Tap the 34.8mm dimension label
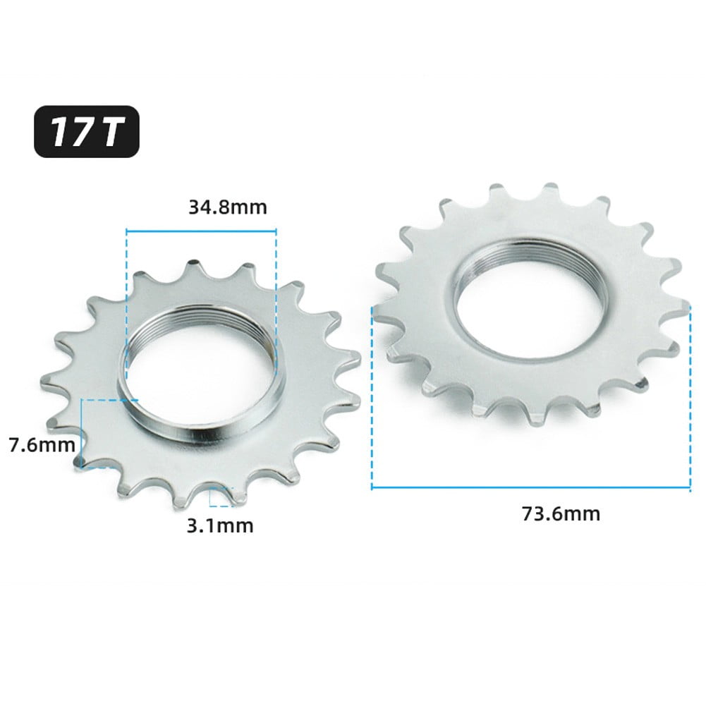pos(227,207)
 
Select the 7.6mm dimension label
pos(41,445)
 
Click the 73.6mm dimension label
pos(561,513)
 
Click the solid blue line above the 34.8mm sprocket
pos(201,229)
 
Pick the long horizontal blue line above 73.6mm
pos(530,487)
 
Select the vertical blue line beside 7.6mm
pos(83,432)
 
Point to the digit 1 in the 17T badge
pos(59,130)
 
